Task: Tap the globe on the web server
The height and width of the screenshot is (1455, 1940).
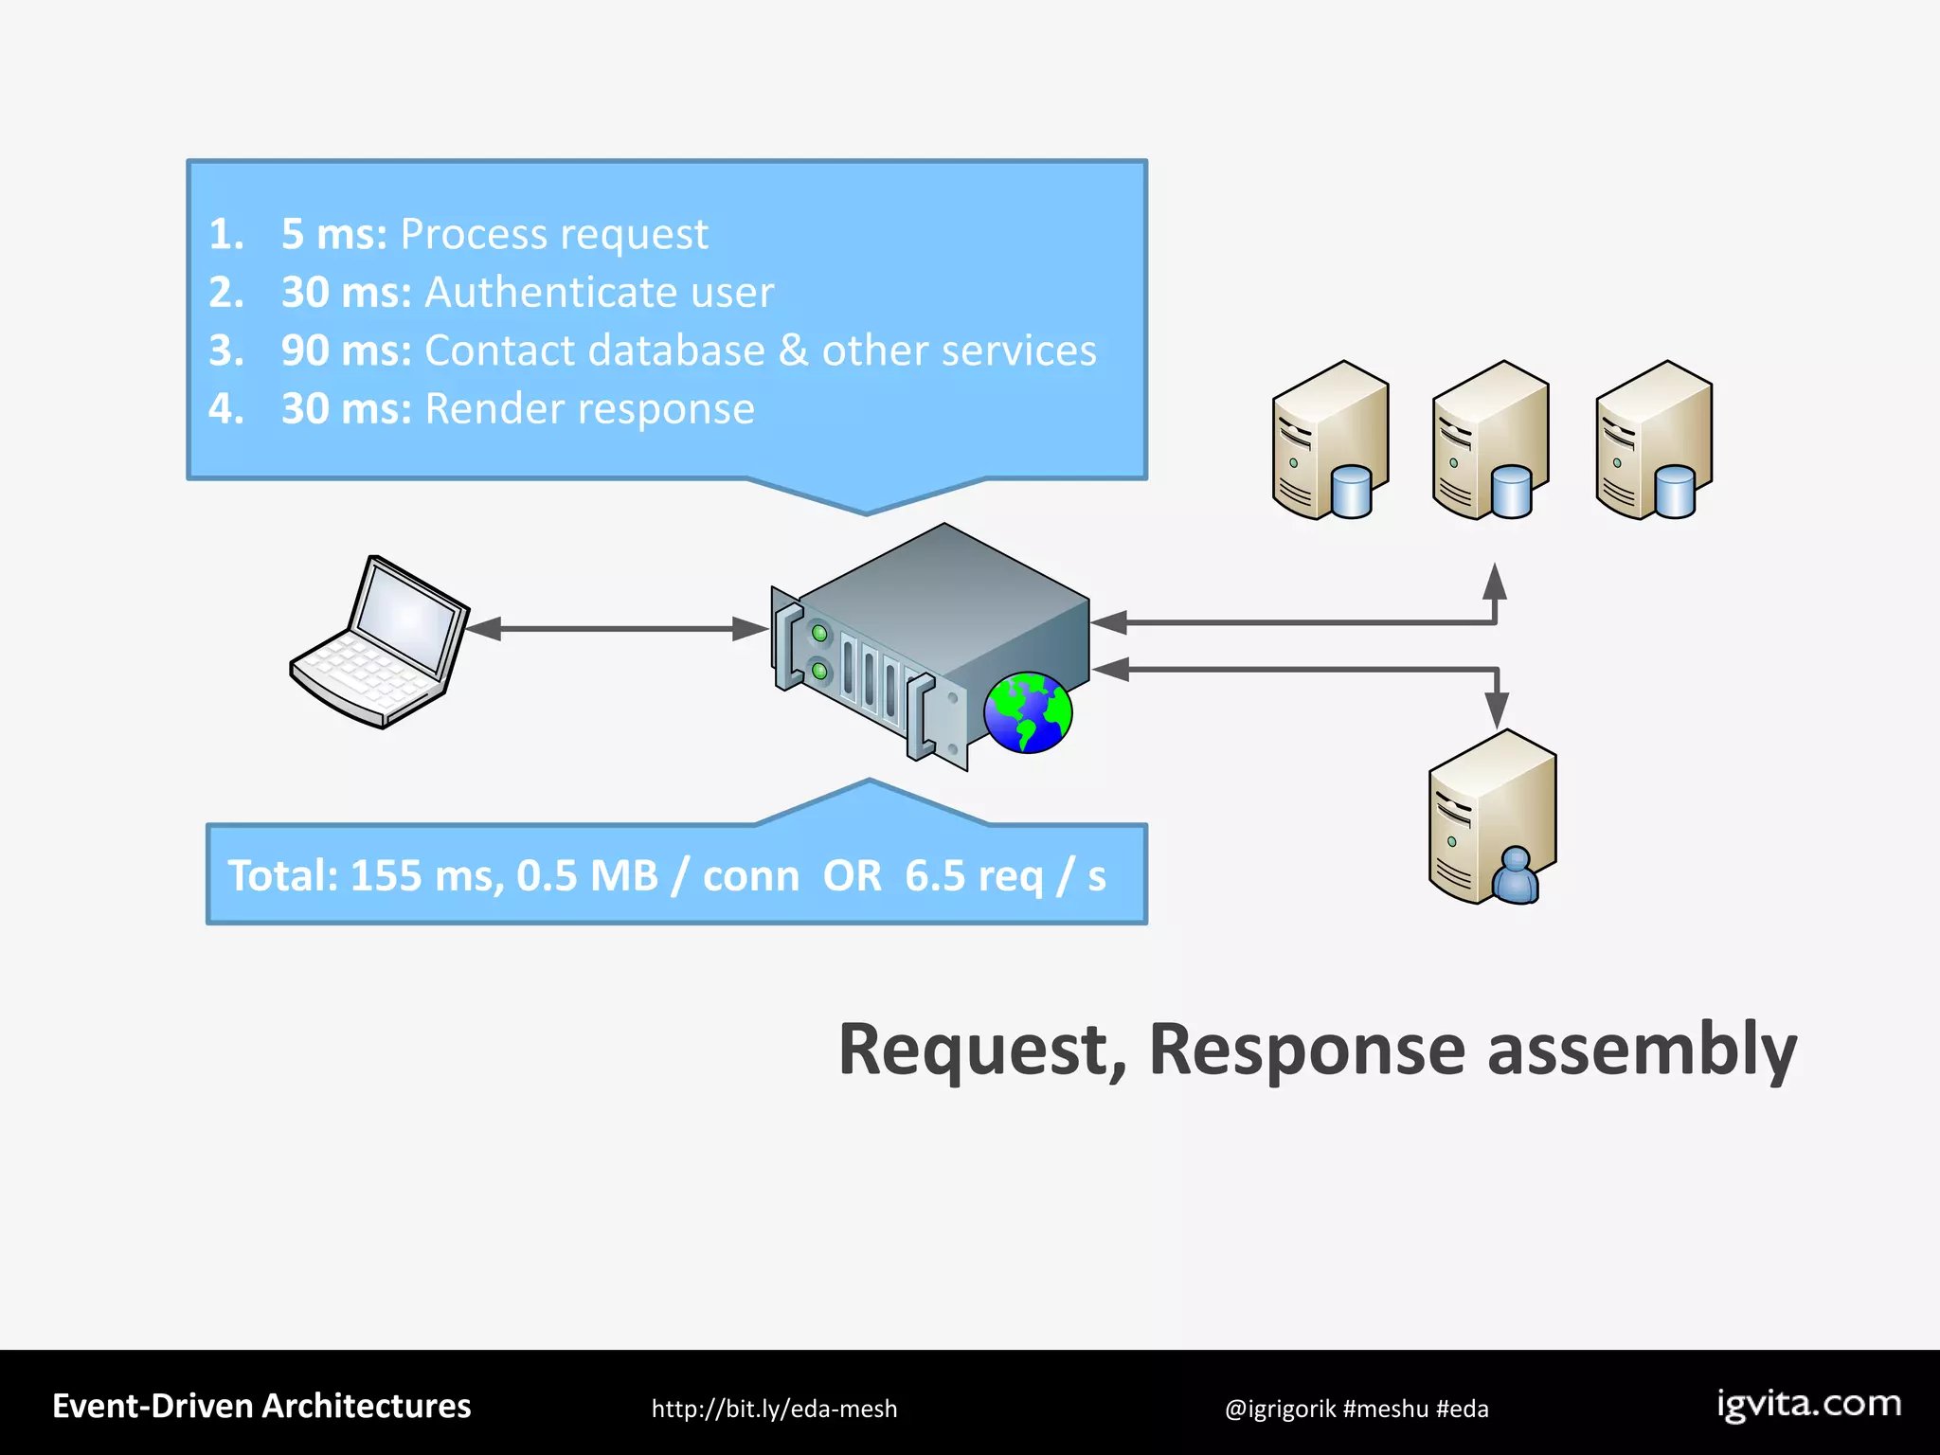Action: (x=1028, y=712)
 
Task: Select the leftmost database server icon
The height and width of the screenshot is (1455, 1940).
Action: (x=1330, y=440)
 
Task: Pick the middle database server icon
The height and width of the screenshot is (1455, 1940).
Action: (x=1490, y=440)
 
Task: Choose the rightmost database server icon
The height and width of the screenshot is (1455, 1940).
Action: (x=1653, y=440)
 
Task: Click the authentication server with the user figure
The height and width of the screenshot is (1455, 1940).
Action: (x=1492, y=817)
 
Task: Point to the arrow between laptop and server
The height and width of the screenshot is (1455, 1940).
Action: (x=616, y=628)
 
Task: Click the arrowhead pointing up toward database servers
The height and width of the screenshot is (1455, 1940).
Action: (x=1495, y=582)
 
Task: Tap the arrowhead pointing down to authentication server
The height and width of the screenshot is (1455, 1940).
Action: (x=1497, y=709)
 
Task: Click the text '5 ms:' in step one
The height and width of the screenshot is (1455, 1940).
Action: (x=333, y=234)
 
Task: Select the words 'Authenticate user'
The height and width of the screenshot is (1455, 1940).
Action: (x=599, y=293)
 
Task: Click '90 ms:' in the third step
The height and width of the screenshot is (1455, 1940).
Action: (x=346, y=350)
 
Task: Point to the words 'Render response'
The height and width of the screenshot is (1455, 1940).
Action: (x=589, y=409)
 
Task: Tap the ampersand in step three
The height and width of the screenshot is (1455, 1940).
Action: (x=793, y=350)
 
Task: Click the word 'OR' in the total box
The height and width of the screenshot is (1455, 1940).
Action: (x=852, y=876)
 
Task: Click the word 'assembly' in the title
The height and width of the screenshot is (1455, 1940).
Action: (x=1642, y=1050)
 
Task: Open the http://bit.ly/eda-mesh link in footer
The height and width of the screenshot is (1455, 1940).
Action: (x=774, y=1409)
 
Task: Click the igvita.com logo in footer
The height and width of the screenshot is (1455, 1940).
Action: (x=1808, y=1404)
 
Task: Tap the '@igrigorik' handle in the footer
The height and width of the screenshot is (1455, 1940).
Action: (x=1280, y=1409)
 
